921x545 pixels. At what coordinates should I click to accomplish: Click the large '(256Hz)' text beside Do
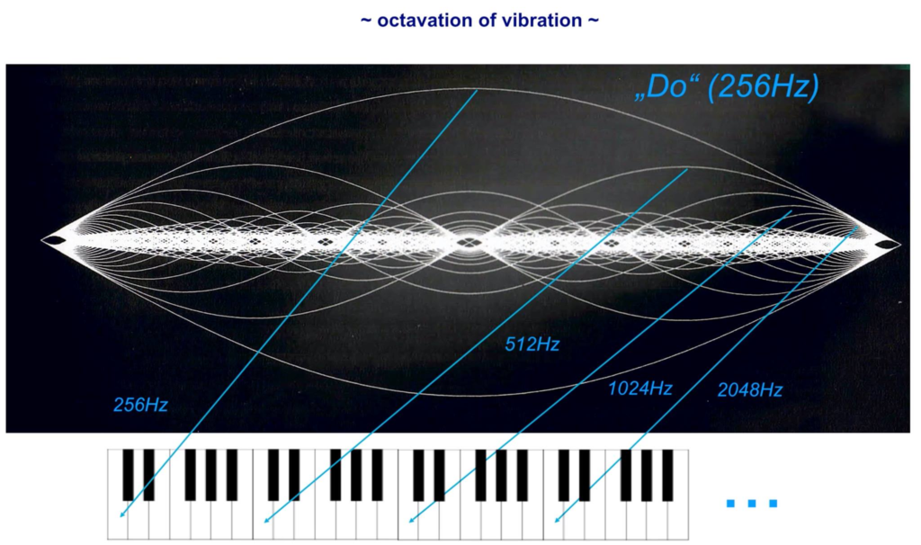tap(764, 87)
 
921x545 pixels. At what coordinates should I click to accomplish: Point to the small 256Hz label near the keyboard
tap(140, 405)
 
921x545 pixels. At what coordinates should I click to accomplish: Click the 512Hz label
tap(532, 344)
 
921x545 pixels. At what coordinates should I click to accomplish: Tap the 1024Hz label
tap(639, 389)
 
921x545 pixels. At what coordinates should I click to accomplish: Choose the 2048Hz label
tap(750, 389)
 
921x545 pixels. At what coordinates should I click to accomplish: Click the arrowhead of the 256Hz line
tap(121, 514)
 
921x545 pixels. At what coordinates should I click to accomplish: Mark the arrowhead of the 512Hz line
tap(266, 519)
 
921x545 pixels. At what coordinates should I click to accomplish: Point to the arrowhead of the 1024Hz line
tap(410, 519)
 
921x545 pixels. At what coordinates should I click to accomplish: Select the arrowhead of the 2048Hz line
tap(556, 519)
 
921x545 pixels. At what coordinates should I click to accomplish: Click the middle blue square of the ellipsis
tap(752, 504)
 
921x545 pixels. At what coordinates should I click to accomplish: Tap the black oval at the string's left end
tap(55, 239)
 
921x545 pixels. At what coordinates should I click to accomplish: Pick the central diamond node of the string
tap(468, 241)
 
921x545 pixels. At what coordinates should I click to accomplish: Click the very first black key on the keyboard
tap(128, 475)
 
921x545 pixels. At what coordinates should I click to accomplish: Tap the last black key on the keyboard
tap(667, 475)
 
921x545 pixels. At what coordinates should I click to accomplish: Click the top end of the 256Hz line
tap(477, 90)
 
